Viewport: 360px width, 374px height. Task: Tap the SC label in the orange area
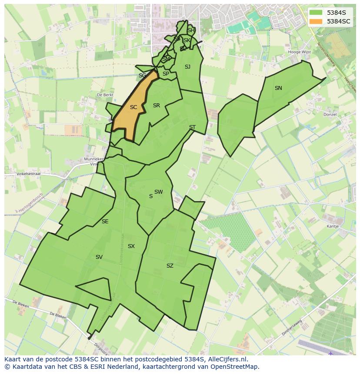pos(133,107)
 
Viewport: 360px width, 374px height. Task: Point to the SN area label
pos(278,88)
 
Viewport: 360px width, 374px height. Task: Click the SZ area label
pos(170,266)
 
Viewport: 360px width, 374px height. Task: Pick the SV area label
pos(99,257)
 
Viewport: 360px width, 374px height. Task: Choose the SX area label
pos(131,246)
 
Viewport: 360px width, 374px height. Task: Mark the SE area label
pos(105,222)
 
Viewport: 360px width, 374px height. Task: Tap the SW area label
pos(158,192)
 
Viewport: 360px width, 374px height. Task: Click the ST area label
pos(192,127)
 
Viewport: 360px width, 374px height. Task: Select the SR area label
pos(157,106)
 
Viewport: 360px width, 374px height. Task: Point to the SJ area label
pos(187,67)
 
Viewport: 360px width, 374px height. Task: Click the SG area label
pos(142,76)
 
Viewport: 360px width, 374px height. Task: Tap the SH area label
pos(191,30)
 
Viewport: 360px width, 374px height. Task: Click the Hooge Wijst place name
pos(300,52)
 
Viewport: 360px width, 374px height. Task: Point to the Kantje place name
pos(333,226)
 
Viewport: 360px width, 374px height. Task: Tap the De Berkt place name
pos(105,95)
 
